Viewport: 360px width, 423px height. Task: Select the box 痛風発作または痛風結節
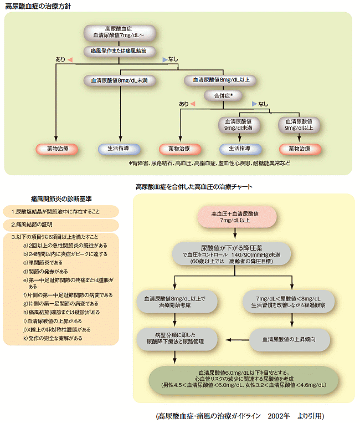(x=116, y=50)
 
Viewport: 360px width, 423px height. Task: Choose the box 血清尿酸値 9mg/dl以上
(x=299, y=124)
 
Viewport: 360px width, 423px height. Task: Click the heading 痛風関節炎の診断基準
(x=61, y=198)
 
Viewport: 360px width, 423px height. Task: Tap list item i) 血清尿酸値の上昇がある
(x=53, y=321)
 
